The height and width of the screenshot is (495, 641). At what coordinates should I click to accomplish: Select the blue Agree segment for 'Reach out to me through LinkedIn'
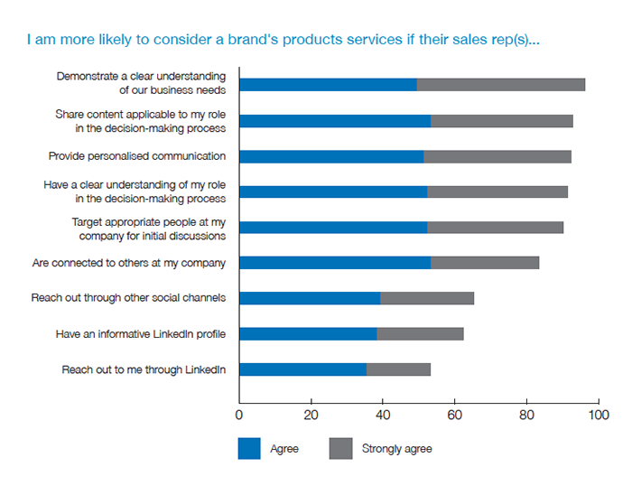[302, 369]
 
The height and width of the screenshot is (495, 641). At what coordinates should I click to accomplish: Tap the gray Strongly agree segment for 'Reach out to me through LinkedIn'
[398, 369]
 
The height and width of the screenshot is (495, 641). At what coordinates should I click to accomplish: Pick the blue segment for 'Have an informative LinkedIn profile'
[308, 334]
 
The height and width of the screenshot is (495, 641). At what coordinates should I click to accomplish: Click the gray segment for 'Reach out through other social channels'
[427, 298]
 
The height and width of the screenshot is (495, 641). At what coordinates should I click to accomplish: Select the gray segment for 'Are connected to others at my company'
[485, 263]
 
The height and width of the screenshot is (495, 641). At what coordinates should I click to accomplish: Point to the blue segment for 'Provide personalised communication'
[331, 156]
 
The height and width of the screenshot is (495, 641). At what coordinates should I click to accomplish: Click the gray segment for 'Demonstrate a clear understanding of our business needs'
[501, 85]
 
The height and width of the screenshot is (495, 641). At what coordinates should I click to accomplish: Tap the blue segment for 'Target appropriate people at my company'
[333, 228]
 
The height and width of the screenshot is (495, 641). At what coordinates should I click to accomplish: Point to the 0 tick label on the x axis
[239, 416]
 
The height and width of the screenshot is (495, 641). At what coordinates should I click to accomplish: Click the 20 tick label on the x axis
[311, 416]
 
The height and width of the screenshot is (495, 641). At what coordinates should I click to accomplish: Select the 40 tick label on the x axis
[383, 416]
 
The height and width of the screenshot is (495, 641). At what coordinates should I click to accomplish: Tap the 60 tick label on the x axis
[454, 416]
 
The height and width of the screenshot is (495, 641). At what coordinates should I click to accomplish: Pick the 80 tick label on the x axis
[526, 416]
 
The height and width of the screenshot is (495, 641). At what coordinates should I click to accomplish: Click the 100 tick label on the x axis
[598, 416]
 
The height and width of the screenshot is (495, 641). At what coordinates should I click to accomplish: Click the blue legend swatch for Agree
[249, 448]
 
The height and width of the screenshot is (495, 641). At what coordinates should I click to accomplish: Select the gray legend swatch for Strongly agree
[340, 448]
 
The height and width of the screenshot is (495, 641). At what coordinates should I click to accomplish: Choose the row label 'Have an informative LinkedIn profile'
[140, 334]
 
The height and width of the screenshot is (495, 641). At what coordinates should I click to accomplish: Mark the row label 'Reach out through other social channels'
[128, 298]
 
